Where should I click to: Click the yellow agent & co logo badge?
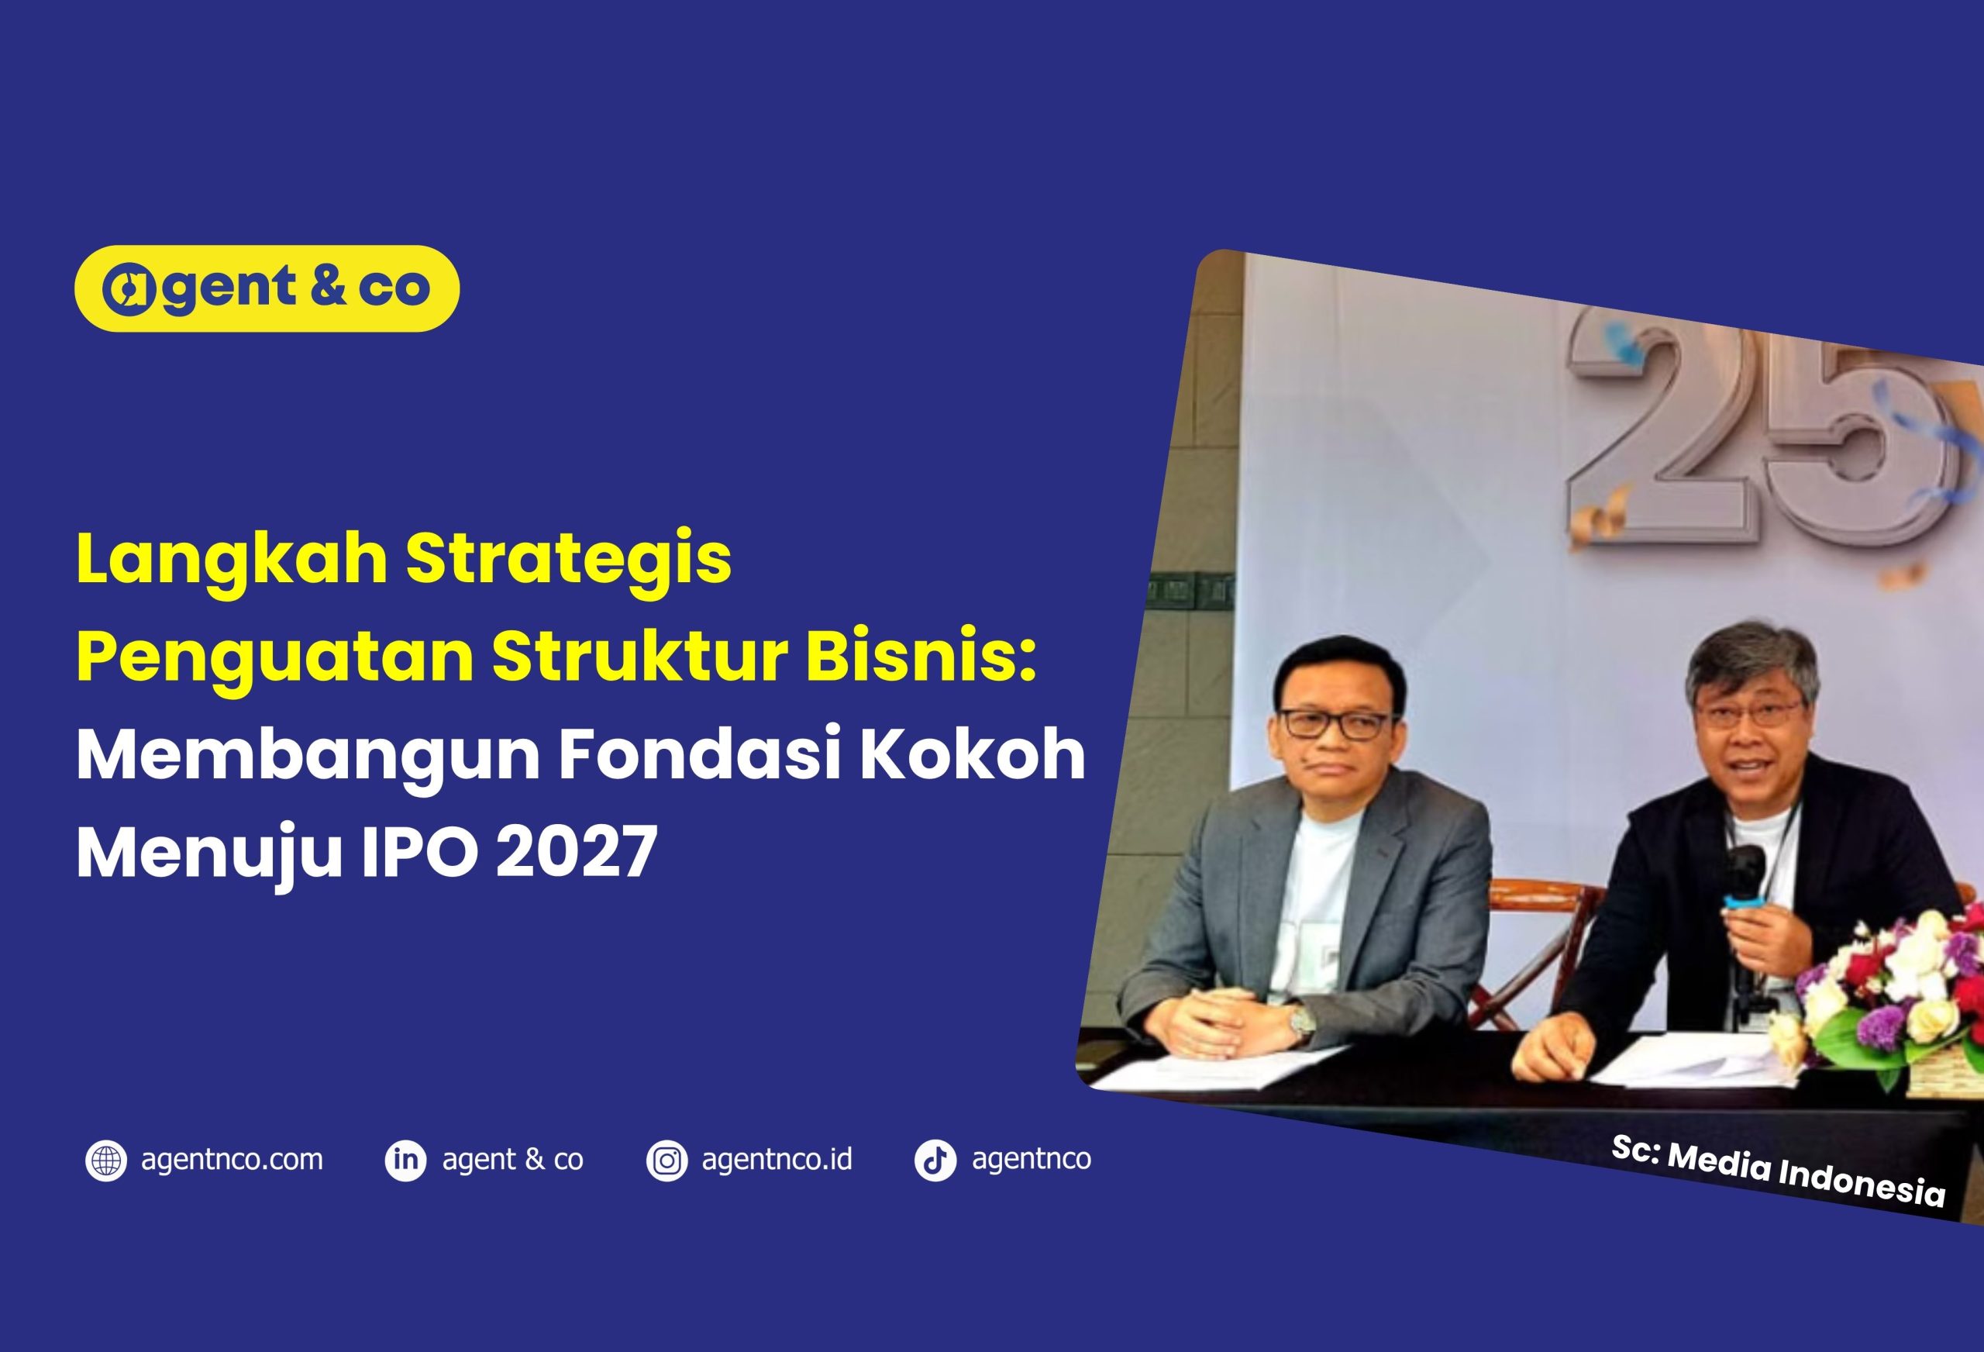click(x=267, y=288)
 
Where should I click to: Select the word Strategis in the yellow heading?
click(x=569, y=561)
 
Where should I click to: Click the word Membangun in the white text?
click(x=308, y=757)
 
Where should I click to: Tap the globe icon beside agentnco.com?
click(x=106, y=1161)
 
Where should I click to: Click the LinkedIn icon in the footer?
click(x=405, y=1161)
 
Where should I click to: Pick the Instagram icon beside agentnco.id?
click(x=666, y=1161)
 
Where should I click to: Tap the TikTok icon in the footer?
click(x=935, y=1161)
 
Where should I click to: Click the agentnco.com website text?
click(x=232, y=1160)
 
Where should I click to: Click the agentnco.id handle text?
click(x=777, y=1160)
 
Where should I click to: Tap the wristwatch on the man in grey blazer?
click(x=1302, y=1022)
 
